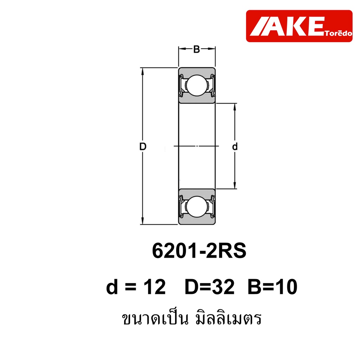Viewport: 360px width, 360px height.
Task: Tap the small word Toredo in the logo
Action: [338, 33]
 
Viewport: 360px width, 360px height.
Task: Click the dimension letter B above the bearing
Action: [197, 49]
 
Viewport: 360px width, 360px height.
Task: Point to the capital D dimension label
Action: [143, 147]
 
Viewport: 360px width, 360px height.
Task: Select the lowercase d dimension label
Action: [234, 146]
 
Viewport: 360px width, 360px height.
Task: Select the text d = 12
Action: [136, 287]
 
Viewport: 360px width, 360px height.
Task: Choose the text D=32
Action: [210, 287]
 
